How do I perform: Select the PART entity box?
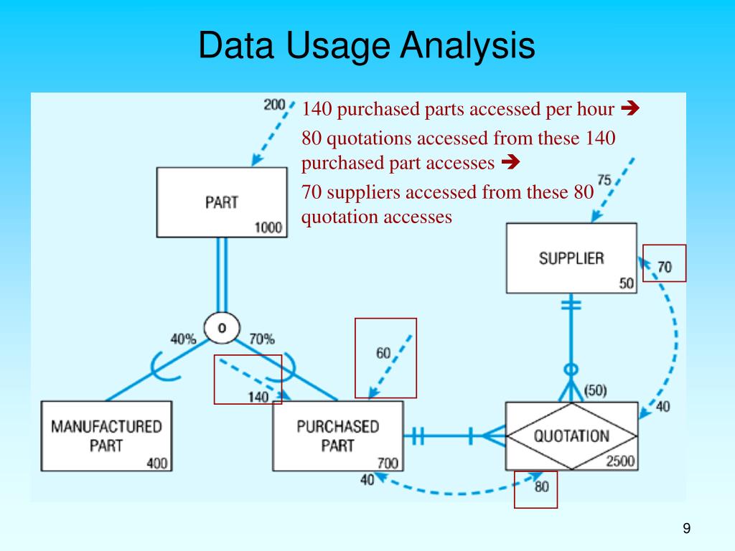[x=221, y=202]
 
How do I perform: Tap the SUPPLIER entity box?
[x=571, y=258]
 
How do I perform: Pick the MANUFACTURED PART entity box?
[x=106, y=435]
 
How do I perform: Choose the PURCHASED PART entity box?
[x=337, y=435]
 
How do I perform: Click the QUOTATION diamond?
[x=571, y=435]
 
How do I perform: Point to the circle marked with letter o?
[x=222, y=328]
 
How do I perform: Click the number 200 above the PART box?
[x=275, y=105]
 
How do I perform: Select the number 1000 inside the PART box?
[x=268, y=228]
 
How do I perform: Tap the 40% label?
[x=183, y=339]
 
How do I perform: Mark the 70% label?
[x=261, y=339]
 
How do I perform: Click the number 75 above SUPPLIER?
[x=604, y=180]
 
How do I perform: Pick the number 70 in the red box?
[x=665, y=267]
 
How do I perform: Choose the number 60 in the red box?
[x=383, y=353]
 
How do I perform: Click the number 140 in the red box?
[x=258, y=397]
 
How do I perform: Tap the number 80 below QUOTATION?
[x=541, y=487]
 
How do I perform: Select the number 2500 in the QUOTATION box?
[x=620, y=461]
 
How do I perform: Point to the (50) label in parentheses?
[x=595, y=391]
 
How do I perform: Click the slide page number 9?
[x=686, y=529]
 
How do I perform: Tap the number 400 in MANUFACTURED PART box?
[x=157, y=463]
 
